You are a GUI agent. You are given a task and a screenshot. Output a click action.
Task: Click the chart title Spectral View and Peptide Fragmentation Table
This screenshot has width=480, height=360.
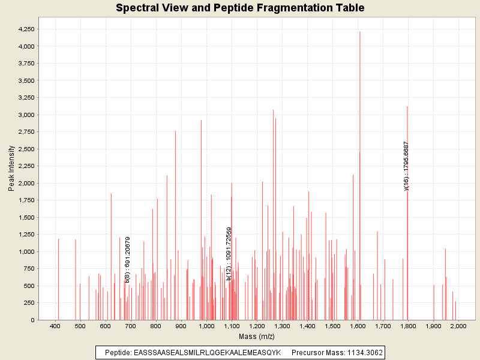coord(240,8)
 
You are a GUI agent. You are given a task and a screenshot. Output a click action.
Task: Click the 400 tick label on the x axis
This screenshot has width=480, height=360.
coord(55,326)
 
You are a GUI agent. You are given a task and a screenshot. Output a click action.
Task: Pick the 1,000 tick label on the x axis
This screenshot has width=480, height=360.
coord(206,326)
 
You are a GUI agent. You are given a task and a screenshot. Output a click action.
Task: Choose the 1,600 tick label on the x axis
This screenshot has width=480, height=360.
coord(358,326)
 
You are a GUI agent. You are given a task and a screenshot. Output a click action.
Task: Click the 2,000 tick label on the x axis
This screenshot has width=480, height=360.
coord(458,326)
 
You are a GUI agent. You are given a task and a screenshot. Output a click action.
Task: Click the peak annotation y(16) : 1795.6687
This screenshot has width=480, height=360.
coord(406,166)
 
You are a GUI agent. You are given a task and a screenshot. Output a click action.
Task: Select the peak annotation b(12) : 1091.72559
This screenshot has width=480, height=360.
coord(229,253)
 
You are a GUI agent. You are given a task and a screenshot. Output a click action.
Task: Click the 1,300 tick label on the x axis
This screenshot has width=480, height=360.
coord(282,326)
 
